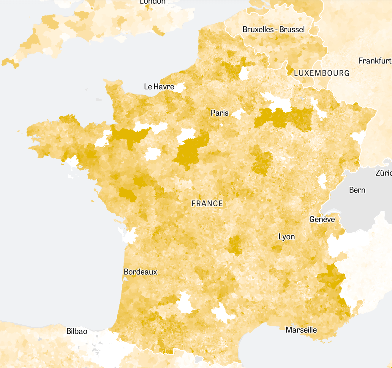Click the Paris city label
219,113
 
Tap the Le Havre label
159,87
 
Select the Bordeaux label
140,272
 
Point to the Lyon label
287,237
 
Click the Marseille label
301,330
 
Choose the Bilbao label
77,331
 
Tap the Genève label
322,219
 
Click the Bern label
357,190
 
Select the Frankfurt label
375,61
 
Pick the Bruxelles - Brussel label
274,30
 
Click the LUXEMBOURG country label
322,73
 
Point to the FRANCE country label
207,204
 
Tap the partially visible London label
153,2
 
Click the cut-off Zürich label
384,173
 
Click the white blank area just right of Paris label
238,114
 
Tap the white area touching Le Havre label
180,87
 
